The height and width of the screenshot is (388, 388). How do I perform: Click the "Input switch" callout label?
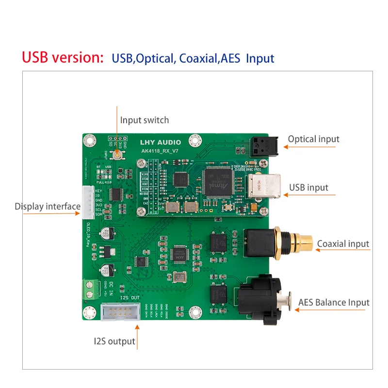pos(145,120)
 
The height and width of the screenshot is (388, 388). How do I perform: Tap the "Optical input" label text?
pos(313,139)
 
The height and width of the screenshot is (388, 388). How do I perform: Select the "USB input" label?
pos(308,187)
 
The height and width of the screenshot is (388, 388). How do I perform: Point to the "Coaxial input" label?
pos(343,243)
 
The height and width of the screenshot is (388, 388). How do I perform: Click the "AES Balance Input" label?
pos(334,303)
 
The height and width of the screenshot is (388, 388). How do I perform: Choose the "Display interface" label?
pos(48,207)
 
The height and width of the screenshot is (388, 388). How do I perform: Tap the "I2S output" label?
pos(114,341)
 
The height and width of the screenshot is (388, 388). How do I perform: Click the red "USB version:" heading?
pos(63,57)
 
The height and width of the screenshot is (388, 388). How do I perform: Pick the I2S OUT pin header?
pos(120,311)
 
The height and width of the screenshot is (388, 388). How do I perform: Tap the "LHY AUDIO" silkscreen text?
pos(160,143)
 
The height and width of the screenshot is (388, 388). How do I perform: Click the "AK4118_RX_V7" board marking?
pos(160,151)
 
